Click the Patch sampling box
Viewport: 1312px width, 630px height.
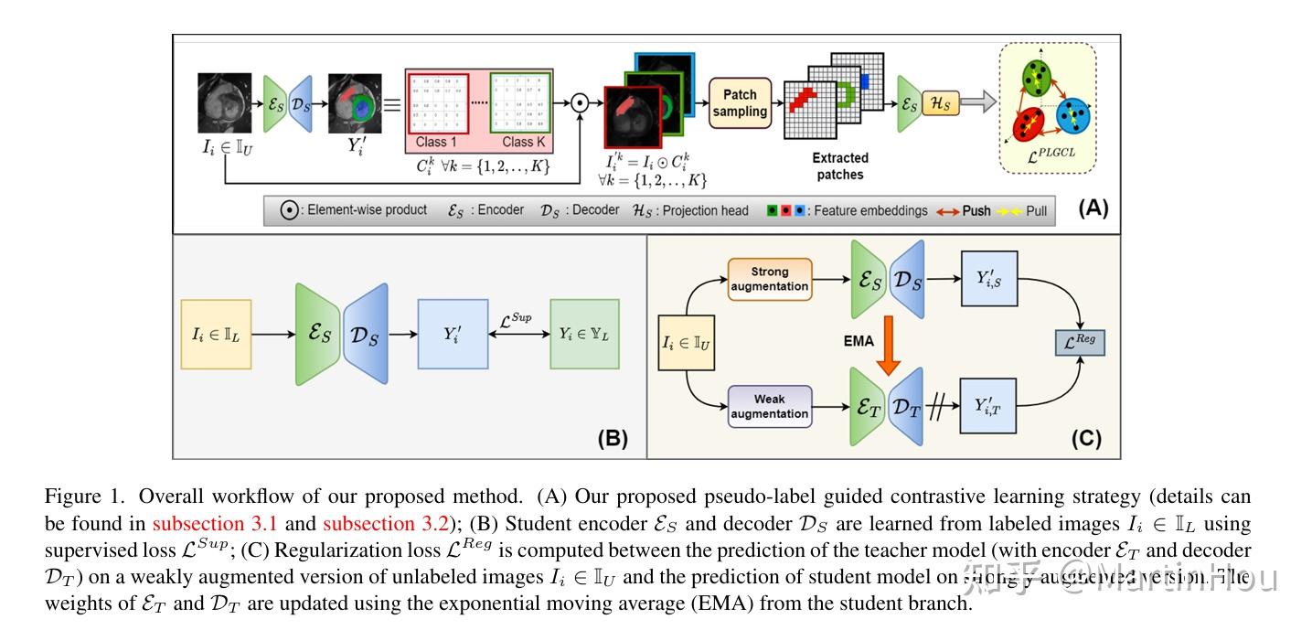click(740, 102)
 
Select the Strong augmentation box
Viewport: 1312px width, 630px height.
click(770, 279)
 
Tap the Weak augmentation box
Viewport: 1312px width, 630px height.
click(770, 406)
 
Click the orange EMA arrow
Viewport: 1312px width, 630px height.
click(888, 344)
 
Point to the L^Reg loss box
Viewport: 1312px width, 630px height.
click(1081, 343)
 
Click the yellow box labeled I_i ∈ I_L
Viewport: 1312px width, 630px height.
click(217, 335)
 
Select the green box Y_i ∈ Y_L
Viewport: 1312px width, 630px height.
click(584, 335)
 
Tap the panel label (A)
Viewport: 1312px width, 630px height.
click(1093, 208)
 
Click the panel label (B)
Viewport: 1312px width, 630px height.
click(613, 438)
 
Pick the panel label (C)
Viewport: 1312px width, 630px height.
click(1086, 438)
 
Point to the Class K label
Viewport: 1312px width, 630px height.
click(523, 142)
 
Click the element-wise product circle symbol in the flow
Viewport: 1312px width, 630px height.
click(579, 103)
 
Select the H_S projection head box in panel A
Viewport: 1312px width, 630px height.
click(940, 103)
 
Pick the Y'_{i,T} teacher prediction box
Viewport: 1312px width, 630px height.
click(987, 405)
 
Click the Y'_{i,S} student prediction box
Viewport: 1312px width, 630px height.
click(987, 278)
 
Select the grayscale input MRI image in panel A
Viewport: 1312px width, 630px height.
click(225, 103)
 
